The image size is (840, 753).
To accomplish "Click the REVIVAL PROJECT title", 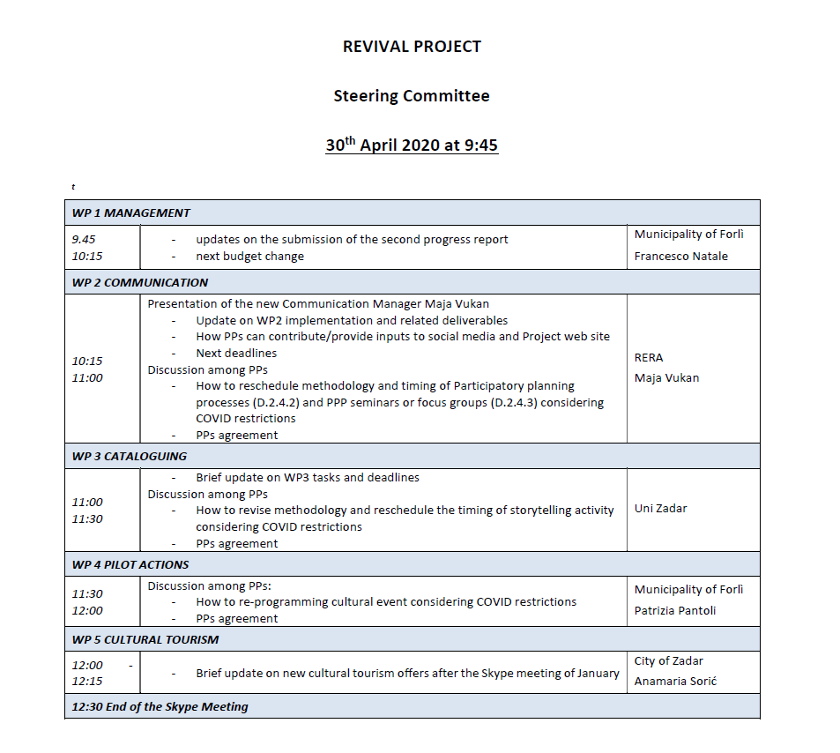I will coord(412,47).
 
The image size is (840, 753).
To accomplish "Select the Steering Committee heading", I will coord(412,96).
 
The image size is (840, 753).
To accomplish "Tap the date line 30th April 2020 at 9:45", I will coord(412,145).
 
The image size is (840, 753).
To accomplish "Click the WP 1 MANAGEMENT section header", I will coord(131,212).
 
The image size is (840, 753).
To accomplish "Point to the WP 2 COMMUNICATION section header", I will coord(140,282).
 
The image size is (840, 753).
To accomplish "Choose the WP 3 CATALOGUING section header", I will coord(130,456).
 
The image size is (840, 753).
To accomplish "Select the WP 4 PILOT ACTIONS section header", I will coord(130,564).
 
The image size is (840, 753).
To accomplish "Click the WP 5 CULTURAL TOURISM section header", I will coord(145,639).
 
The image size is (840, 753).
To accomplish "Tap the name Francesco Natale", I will coord(681,257).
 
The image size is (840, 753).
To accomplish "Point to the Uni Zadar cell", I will coord(660,509).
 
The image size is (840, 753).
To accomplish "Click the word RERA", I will coord(649,358).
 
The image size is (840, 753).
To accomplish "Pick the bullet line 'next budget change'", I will coord(249,257).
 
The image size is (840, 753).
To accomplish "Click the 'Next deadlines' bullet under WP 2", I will coord(236,354).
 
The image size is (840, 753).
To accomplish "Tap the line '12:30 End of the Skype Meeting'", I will coord(160,706).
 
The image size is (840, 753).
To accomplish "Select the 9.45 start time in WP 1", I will coord(84,239).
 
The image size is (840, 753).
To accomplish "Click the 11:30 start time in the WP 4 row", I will coord(87,593).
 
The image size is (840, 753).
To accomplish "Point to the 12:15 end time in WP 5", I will coord(87,682).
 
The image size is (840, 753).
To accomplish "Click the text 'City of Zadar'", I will coord(668,660).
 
